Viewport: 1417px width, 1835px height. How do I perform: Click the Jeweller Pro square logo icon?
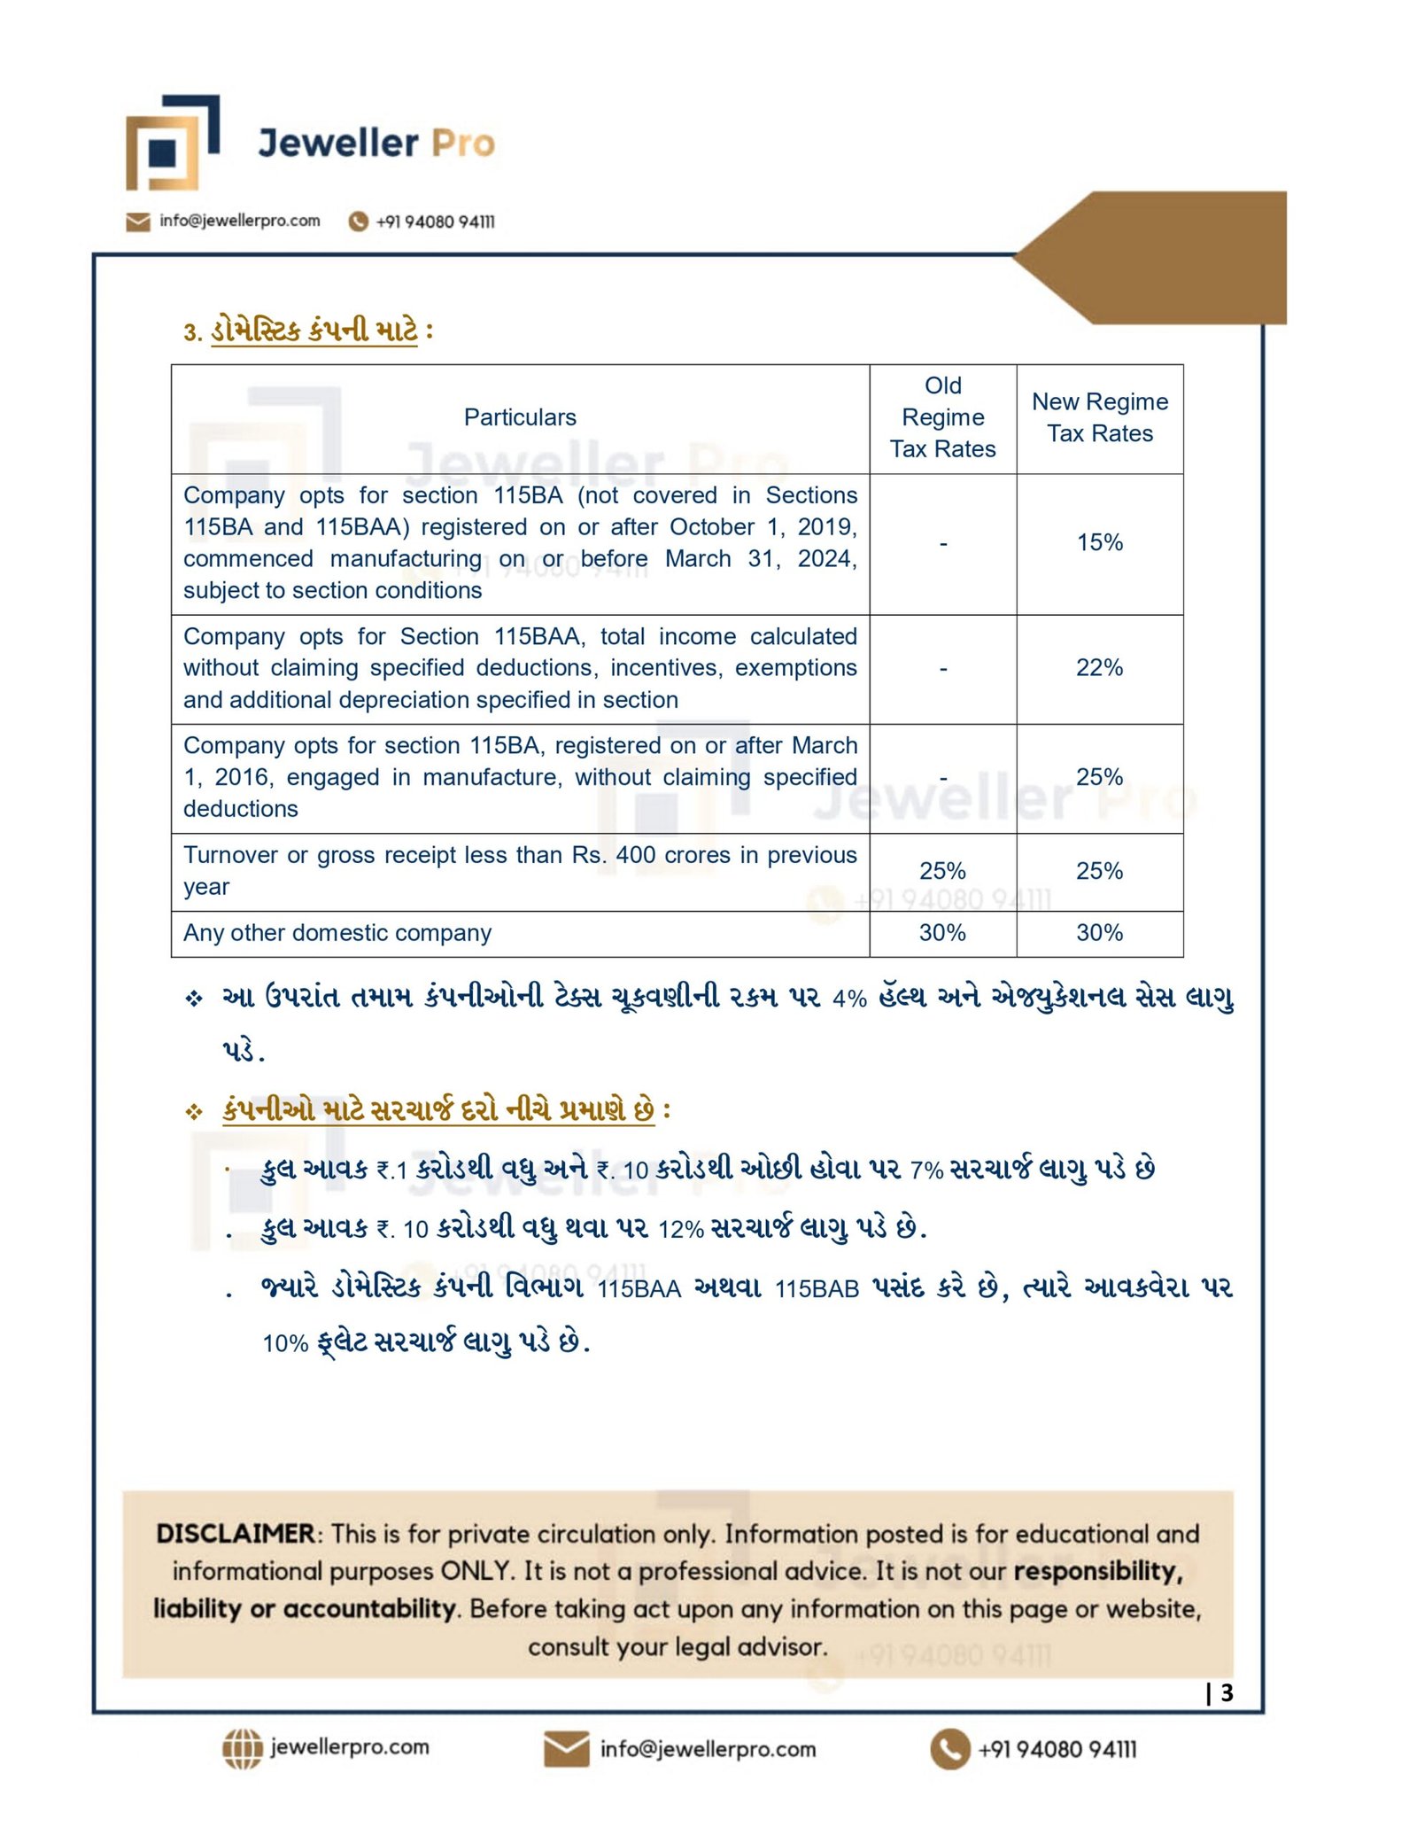coord(172,144)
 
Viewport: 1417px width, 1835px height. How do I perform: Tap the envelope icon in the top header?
coord(137,222)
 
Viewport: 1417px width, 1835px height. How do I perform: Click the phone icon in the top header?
coord(358,222)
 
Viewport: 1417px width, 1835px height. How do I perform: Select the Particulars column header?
coord(520,417)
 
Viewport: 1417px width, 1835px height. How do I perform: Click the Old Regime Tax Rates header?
coord(942,417)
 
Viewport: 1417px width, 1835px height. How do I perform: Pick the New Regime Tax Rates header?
coord(1099,417)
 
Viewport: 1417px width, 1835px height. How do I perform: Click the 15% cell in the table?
coord(1099,542)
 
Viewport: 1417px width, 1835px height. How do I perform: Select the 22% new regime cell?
coord(1099,668)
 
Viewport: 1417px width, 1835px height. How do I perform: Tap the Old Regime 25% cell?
coord(942,871)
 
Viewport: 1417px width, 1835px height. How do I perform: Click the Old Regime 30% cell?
coord(942,933)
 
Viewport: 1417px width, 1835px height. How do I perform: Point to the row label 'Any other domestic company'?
coord(337,933)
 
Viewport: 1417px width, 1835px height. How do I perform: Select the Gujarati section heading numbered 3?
coord(307,331)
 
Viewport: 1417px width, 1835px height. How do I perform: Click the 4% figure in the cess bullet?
coord(849,999)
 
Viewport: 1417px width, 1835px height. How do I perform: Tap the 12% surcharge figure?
coord(680,1230)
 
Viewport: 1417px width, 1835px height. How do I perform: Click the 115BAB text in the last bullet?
coord(817,1289)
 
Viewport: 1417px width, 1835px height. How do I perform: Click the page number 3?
coord(1227,1693)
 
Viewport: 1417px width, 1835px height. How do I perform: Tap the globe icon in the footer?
coord(242,1748)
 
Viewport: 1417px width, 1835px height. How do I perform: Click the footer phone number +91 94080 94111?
coord(1057,1749)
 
